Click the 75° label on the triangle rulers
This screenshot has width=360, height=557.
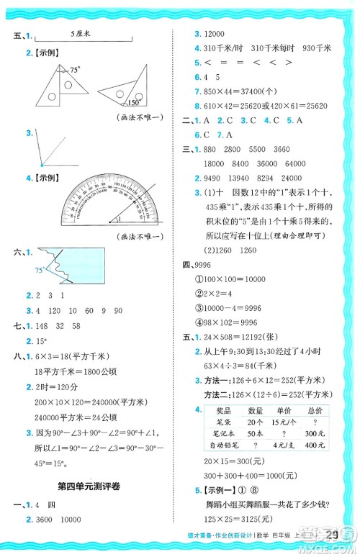pyautogui.click(x=76, y=70)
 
